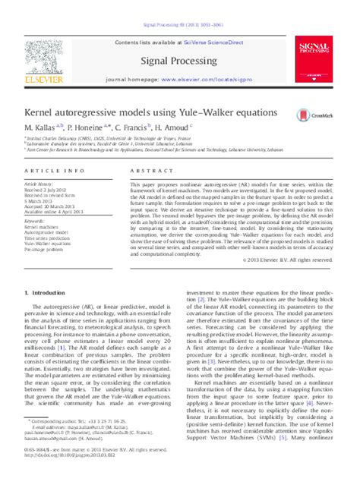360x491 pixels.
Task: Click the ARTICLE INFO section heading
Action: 49,172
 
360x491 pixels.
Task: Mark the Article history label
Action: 39,184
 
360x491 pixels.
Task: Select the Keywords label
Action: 34,221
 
